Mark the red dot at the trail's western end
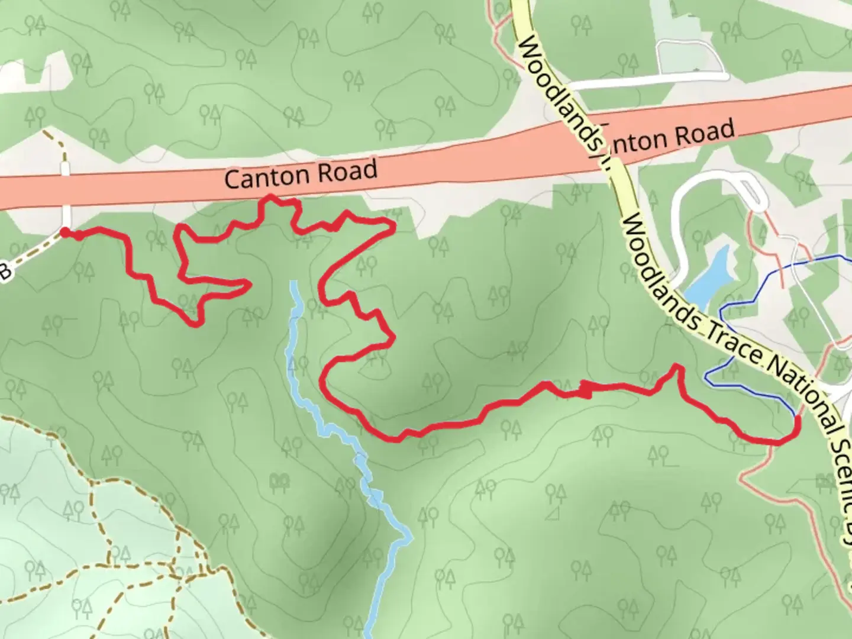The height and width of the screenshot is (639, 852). point(64,233)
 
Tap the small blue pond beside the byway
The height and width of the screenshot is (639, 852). point(709,276)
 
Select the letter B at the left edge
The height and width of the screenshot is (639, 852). point(4,272)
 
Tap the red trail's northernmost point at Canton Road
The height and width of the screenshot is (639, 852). point(270,196)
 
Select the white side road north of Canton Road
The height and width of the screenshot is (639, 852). point(651,80)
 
